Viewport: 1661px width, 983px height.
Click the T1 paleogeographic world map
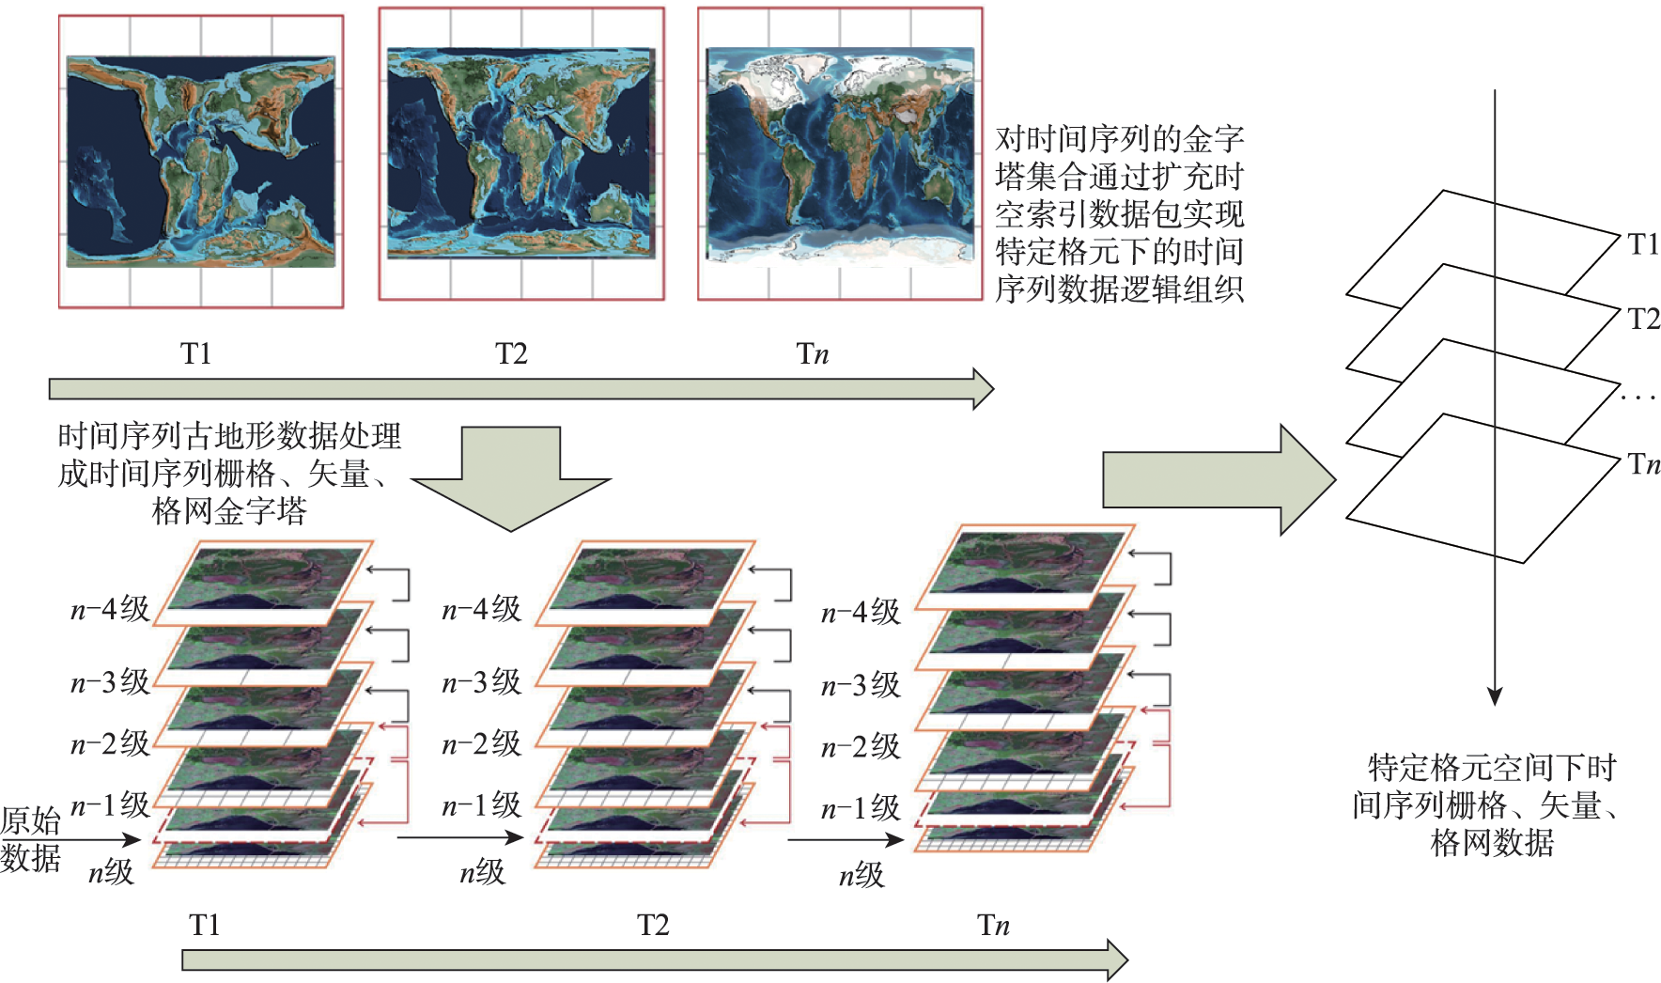point(201,161)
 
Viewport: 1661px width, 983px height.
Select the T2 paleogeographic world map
point(520,153)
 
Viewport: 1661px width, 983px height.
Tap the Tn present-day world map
point(840,155)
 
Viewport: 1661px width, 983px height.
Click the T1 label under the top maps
point(196,353)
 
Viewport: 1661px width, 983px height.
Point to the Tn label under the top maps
point(813,353)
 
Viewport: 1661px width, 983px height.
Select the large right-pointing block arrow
point(1218,479)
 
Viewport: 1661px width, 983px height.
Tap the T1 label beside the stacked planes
point(1643,244)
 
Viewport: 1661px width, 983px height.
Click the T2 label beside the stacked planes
point(1643,319)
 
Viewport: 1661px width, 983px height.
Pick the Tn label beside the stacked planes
point(1643,463)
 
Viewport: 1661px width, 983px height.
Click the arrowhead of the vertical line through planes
point(1495,696)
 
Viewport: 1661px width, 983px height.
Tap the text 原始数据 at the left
point(30,838)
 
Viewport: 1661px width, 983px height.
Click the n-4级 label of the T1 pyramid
point(110,609)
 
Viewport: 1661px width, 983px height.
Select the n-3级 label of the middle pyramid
point(481,682)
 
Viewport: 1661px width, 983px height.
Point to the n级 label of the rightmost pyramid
point(862,875)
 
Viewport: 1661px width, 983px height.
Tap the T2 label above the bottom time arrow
point(653,925)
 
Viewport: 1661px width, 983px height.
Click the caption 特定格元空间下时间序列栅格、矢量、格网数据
point(1491,804)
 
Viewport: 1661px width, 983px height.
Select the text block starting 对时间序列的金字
point(1119,214)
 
